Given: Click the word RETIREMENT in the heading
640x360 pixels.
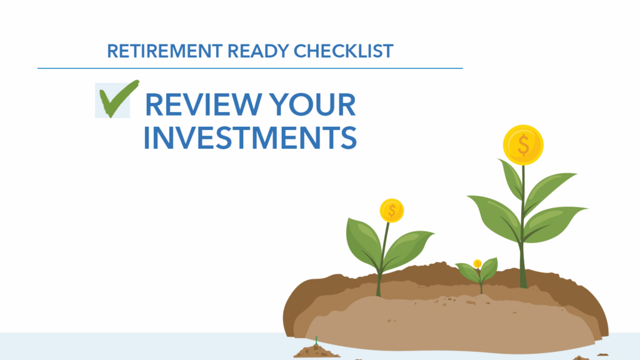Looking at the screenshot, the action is pos(165,51).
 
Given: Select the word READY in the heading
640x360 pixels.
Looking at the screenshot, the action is pos(258,51).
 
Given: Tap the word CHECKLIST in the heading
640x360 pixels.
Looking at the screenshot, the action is pos(343,51).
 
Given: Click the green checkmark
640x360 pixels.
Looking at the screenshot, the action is pos(118,99).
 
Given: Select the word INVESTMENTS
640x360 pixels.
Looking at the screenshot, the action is pos(250,138).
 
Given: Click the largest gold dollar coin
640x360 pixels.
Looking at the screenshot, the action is pos(523,145).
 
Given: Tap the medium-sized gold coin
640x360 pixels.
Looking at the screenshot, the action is pos(392,211).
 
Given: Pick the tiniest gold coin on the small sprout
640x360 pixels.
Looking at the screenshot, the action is pos(477,264).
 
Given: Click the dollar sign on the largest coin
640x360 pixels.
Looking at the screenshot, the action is pos(523,145).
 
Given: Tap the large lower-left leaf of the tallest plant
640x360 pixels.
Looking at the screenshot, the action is pos(496,216).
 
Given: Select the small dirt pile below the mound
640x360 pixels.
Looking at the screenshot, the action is pos(316,352).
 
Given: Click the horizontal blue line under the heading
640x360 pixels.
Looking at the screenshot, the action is pos(250,68).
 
